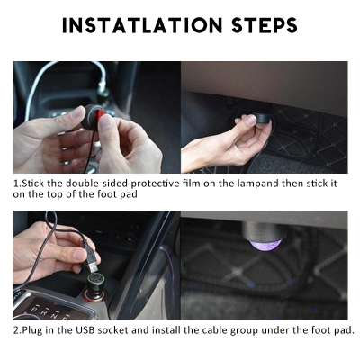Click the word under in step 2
click(x=276, y=330)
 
